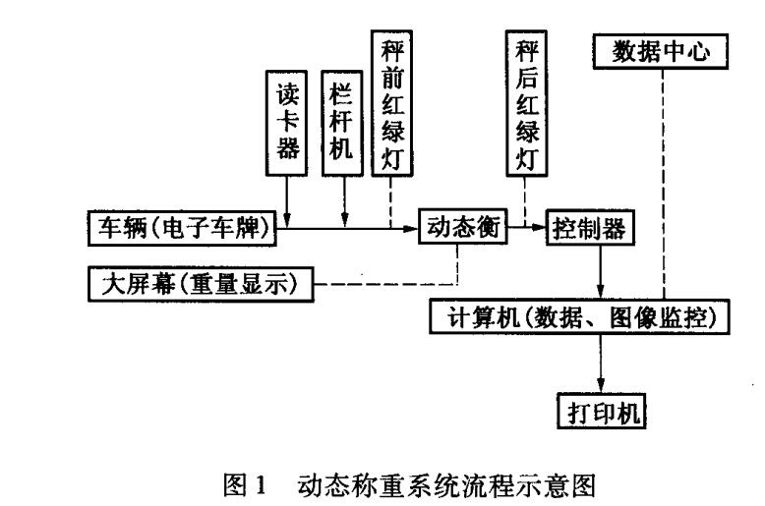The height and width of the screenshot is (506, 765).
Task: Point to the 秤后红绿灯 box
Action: (x=526, y=103)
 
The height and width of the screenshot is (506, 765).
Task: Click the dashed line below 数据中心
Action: (x=666, y=182)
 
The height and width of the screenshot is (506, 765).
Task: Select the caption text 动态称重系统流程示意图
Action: (x=424, y=475)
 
